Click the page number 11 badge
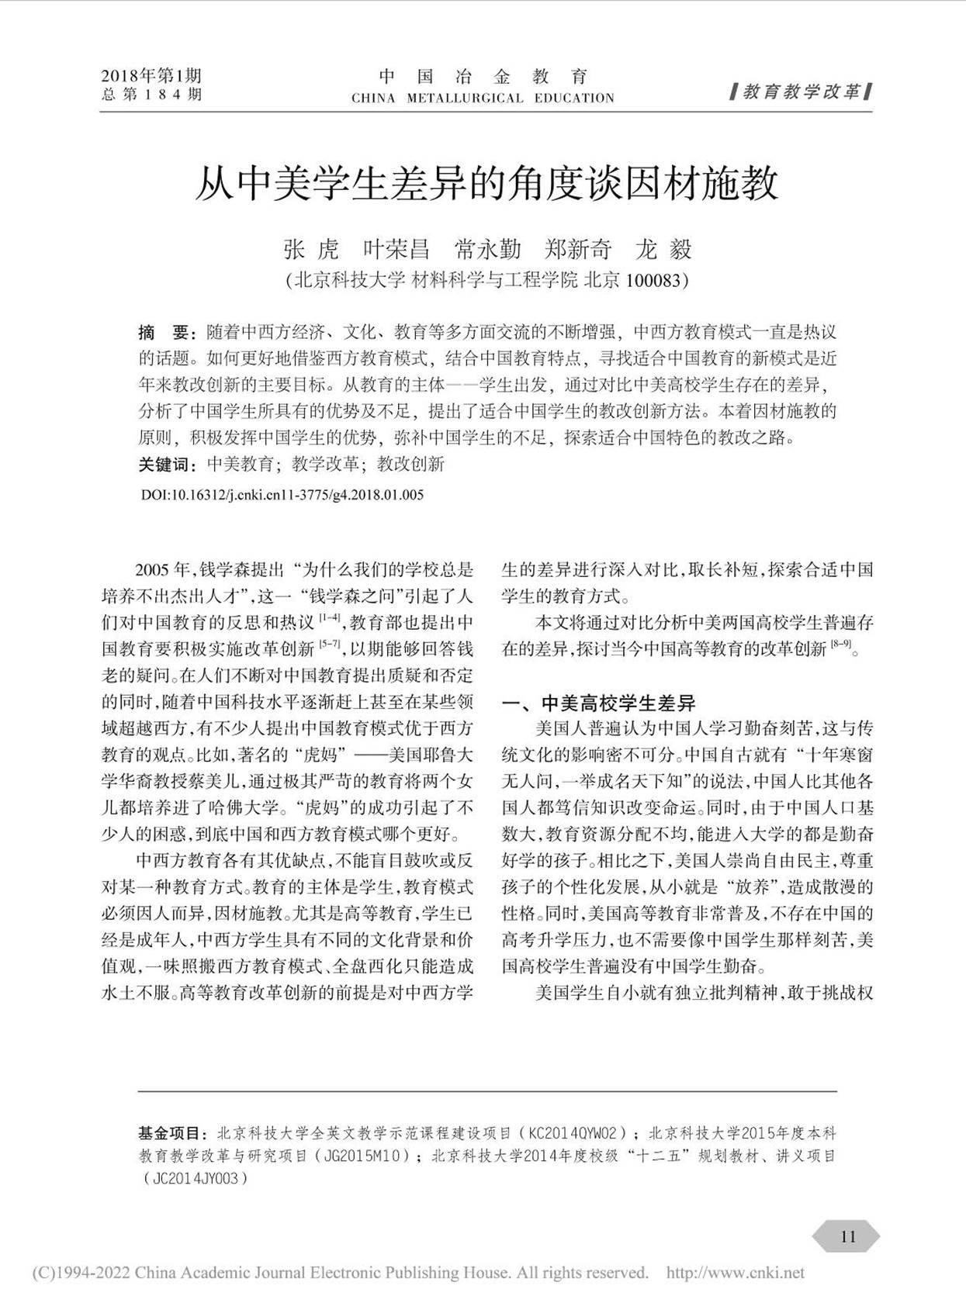click(x=847, y=1236)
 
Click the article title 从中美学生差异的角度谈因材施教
click(x=486, y=185)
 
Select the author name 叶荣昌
click(x=396, y=250)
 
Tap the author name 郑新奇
click(x=579, y=250)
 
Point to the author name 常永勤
click(x=487, y=250)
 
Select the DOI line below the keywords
click(x=282, y=495)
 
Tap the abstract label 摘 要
click(x=164, y=333)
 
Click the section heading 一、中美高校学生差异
click(x=599, y=703)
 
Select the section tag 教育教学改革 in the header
click(x=802, y=92)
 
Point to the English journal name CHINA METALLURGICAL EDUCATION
click(x=483, y=99)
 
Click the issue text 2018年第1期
click(x=151, y=75)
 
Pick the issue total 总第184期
click(x=151, y=95)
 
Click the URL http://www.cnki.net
click(x=735, y=1273)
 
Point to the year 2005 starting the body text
click(x=152, y=570)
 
